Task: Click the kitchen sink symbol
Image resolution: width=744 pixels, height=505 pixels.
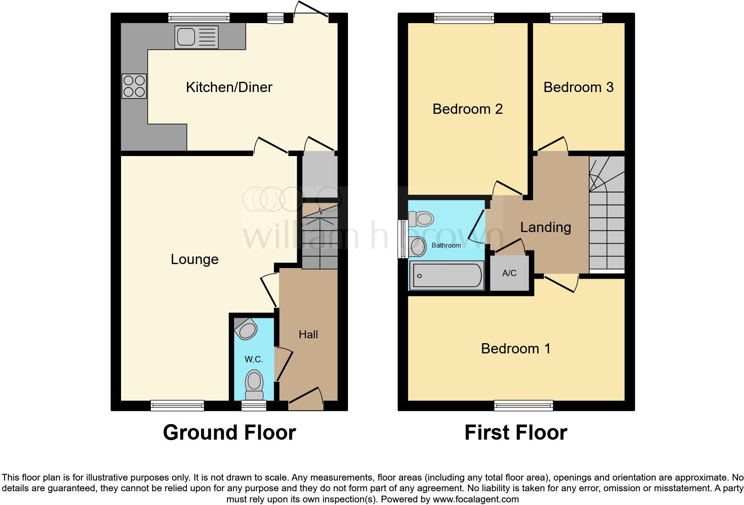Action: point(196,37)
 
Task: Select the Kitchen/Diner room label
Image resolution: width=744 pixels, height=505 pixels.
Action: point(229,87)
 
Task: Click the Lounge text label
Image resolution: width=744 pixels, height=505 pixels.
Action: point(194,259)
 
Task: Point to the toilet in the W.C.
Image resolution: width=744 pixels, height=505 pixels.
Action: point(254,385)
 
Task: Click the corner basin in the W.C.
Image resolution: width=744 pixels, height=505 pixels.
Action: point(246,329)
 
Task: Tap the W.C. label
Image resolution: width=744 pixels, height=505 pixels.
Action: point(254,359)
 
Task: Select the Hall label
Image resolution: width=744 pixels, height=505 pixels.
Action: point(308,334)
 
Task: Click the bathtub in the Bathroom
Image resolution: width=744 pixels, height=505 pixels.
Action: point(446,276)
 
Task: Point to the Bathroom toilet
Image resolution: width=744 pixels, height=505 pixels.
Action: point(421,219)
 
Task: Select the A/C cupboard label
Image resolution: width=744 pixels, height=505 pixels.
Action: point(509,273)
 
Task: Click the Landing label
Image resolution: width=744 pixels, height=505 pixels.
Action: point(546,227)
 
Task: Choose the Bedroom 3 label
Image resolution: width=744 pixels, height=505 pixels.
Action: point(578,87)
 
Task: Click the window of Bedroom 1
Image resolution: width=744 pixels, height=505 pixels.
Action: point(523,405)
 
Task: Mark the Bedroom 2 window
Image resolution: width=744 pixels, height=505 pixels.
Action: point(464,18)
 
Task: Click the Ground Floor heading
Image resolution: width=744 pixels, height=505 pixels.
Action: point(229,432)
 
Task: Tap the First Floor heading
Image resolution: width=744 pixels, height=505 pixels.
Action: point(515,432)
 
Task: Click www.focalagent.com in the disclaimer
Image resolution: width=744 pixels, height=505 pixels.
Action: point(475,499)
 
